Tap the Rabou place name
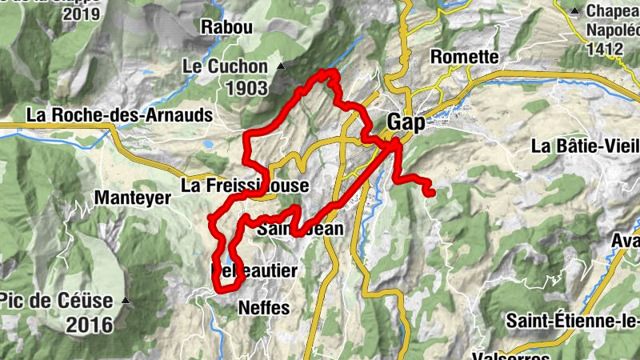tap(226, 27)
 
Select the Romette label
tap(464, 57)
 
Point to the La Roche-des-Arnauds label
tap(119, 115)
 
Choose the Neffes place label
tap(263, 308)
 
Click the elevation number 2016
tap(90, 325)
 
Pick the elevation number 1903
tap(246, 88)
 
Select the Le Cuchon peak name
tap(227, 66)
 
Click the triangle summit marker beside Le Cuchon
tap(280, 66)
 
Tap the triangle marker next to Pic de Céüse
tap(126, 302)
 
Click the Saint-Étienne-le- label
tap(573, 322)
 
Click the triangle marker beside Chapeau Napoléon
tap(574, 11)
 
